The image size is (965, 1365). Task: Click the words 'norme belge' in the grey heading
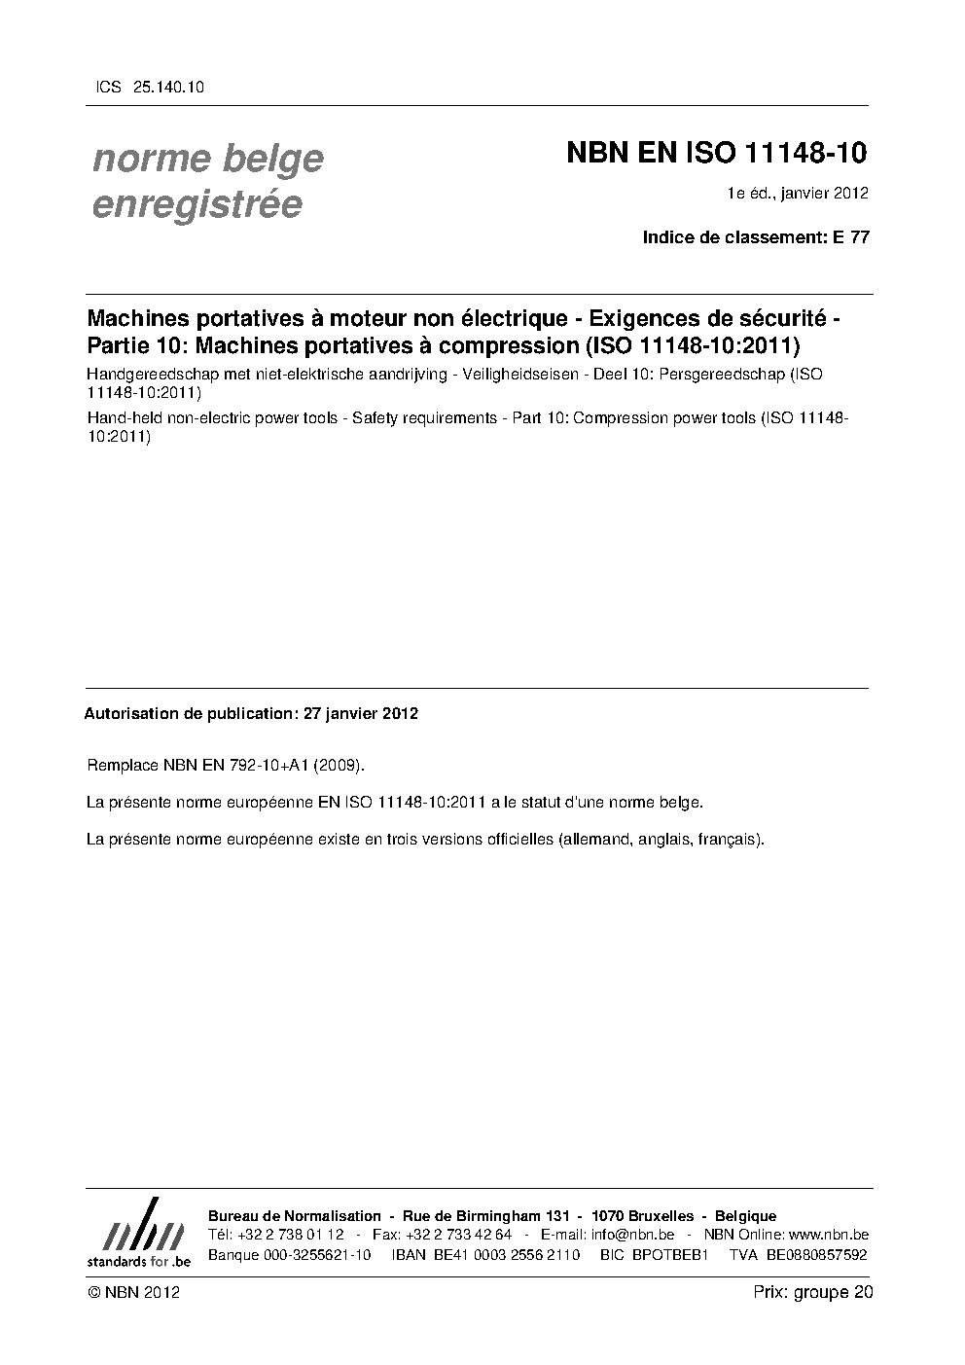207,159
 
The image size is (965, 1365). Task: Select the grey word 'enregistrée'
197,205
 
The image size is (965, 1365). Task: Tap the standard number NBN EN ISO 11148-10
717,154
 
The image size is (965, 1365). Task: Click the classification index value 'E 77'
851,237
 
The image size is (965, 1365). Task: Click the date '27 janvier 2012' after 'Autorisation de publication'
361,713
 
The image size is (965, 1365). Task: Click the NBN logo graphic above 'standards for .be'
139,1224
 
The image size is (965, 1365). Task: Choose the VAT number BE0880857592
816,1254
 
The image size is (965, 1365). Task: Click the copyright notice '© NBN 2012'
133,1292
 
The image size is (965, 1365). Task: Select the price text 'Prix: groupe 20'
812,1292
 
